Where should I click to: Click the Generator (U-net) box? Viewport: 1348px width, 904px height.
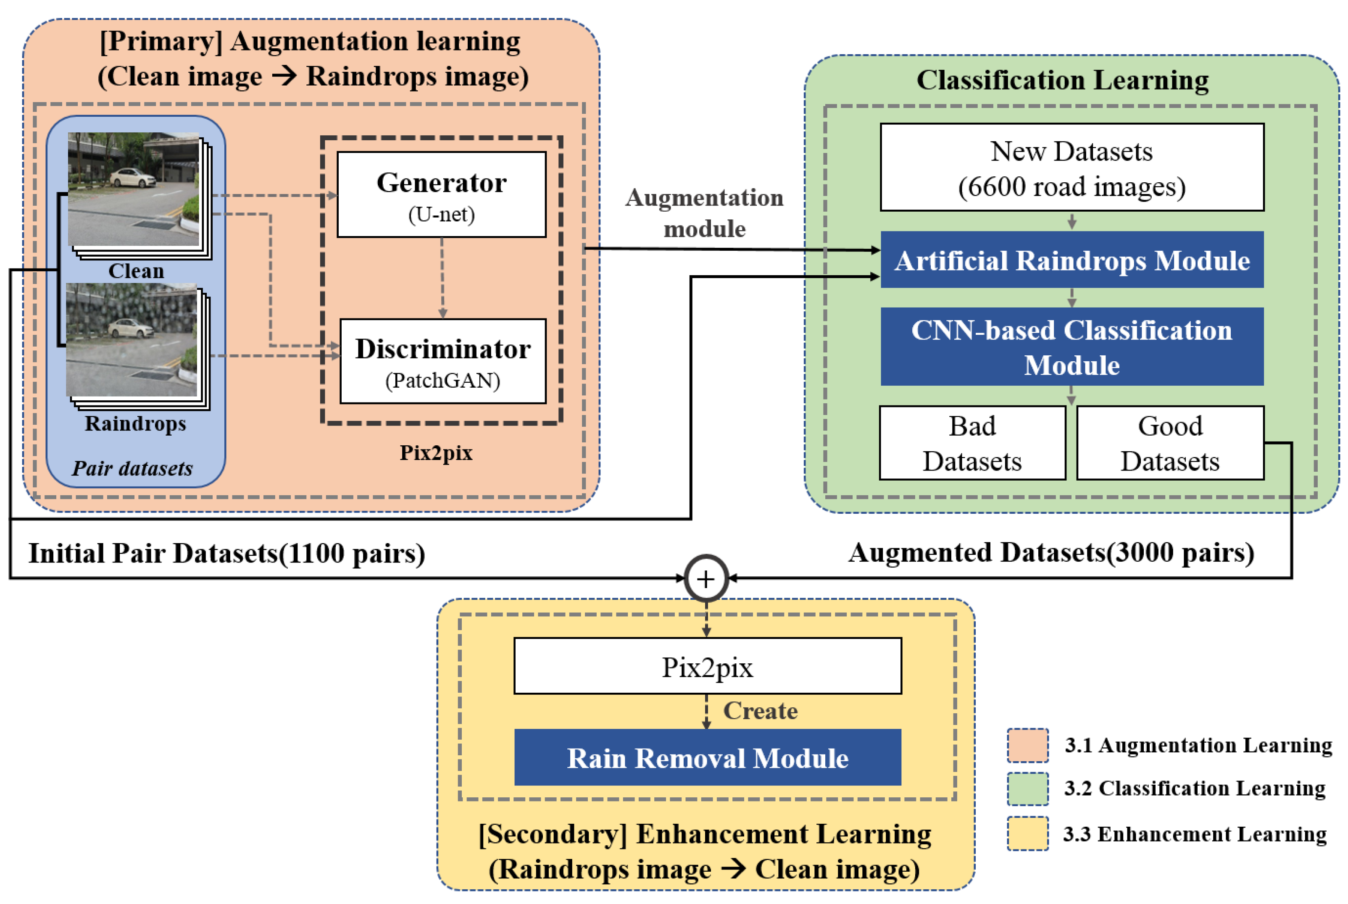[x=442, y=194]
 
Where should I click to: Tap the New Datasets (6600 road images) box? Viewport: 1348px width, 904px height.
[x=1072, y=167]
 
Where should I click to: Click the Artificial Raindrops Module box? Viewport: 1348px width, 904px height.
[x=1072, y=260]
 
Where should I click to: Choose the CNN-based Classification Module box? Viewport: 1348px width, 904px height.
[x=1072, y=347]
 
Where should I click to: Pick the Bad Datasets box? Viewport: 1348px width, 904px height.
[x=972, y=443]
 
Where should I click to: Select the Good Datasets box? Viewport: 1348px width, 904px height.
[x=1170, y=443]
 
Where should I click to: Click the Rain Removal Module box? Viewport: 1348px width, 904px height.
[x=708, y=757]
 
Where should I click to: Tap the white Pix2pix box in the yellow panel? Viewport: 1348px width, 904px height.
[x=708, y=666]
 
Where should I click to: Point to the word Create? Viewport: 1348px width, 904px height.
[x=761, y=711]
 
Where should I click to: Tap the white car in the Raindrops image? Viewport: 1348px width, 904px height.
[x=131, y=328]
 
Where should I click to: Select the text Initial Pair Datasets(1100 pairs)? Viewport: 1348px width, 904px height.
[x=226, y=553]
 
